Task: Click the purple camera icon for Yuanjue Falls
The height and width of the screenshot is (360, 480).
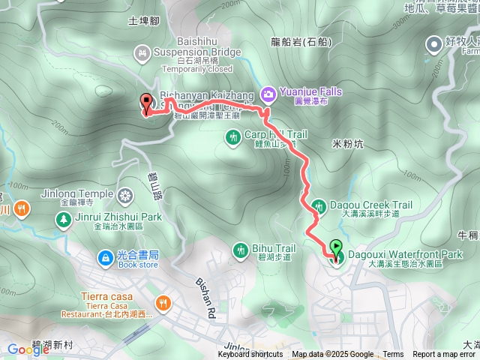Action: click(268, 93)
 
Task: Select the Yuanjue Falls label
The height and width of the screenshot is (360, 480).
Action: click(310, 91)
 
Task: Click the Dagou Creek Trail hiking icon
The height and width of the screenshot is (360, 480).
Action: click(318, 205)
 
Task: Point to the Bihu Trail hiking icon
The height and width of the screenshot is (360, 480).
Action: click(241, 249)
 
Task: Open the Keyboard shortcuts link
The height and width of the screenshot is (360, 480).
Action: click(250, 355)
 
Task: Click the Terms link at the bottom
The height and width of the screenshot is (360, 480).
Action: click(393, 355)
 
